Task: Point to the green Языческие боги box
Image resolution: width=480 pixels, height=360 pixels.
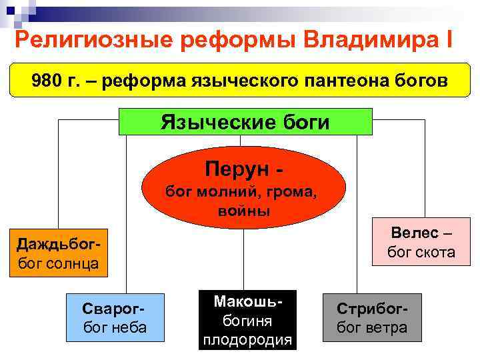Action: click(245, 122)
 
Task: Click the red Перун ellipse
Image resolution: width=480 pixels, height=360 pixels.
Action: click(246, 184)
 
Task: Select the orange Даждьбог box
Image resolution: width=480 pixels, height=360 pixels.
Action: click(57, 254)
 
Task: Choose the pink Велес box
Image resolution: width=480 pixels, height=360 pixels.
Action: click(421, 243)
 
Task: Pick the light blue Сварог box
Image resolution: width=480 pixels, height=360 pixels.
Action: click(115, 317)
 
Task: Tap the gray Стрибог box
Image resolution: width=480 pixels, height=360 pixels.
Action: click(372, 318)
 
